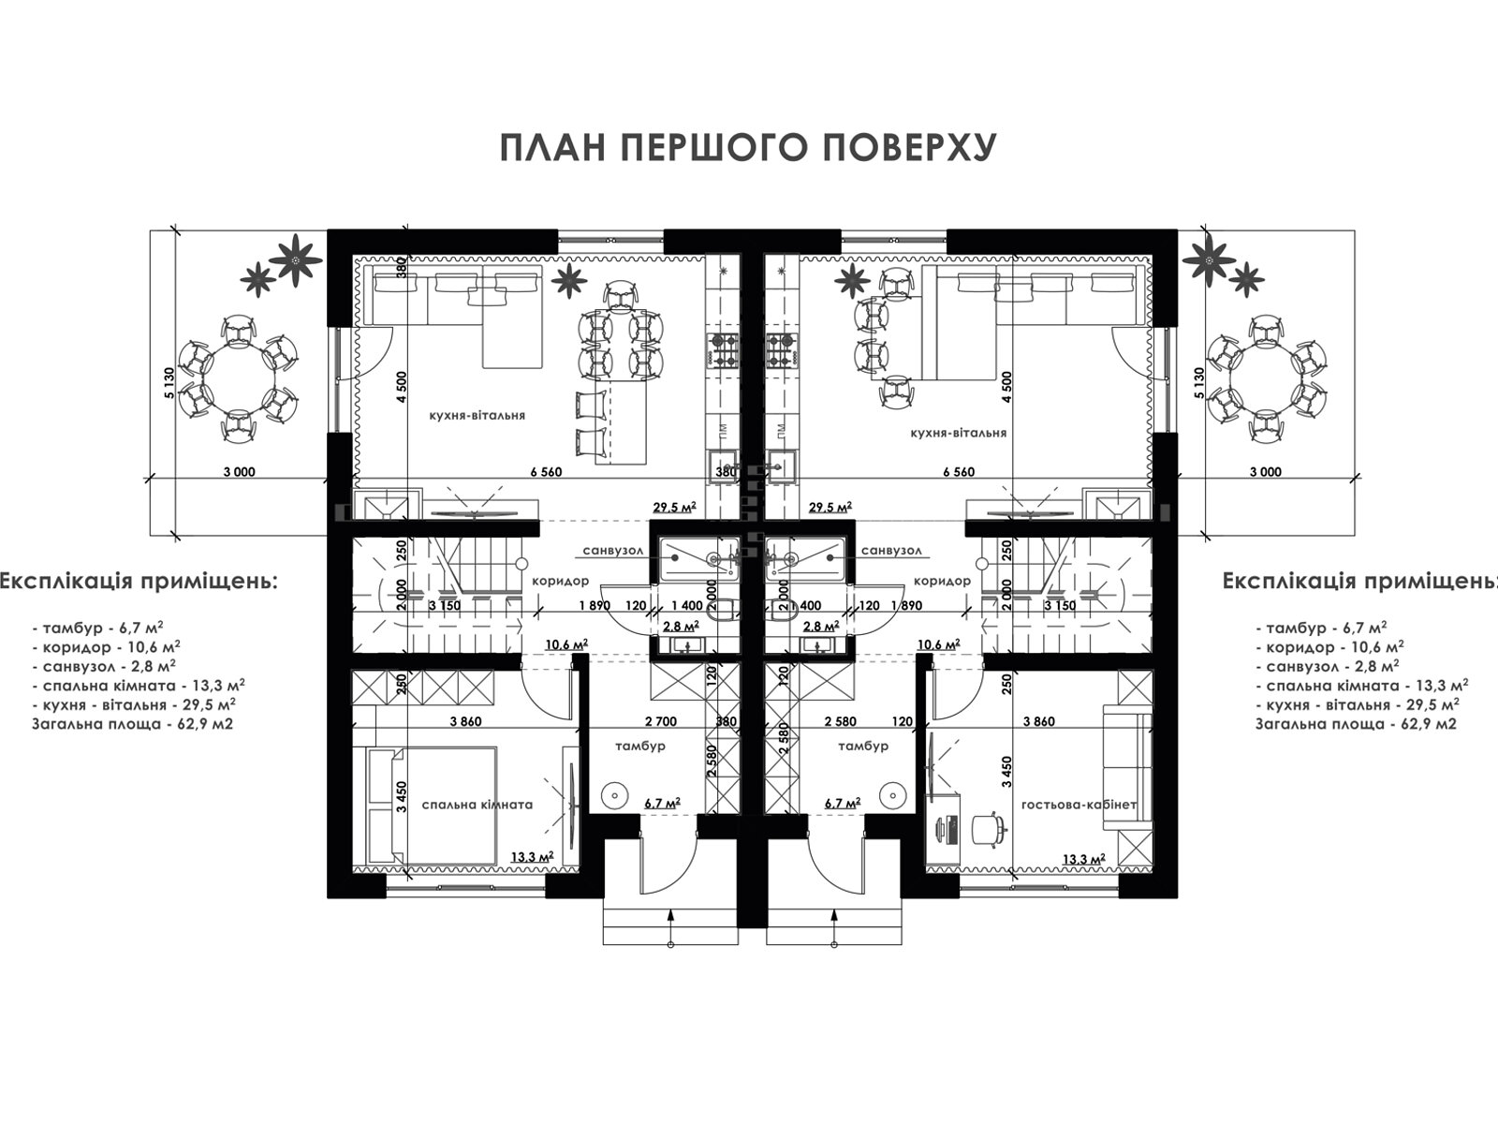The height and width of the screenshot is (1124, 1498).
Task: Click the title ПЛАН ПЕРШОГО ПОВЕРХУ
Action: (x=749, y=147)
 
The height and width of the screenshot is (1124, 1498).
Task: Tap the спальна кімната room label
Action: (x=477, y=805)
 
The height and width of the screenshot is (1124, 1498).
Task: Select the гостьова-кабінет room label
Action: (x=1079, y=805)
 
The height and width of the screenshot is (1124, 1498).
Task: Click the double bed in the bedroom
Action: (x=432, y=806)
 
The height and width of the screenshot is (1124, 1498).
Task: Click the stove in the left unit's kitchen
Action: (x=722, y=350)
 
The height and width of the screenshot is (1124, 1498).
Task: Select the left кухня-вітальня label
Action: (x=477, y=415)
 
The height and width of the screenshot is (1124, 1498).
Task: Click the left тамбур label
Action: (x=640, y=746)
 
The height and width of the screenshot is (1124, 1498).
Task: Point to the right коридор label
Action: (x=942, y=582)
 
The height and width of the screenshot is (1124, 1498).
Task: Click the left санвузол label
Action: (x=613, y=550)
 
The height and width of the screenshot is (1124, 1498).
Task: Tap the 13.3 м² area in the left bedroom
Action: (x=533, y=856)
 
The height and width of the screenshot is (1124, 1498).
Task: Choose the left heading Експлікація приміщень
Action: (x=139, y=582)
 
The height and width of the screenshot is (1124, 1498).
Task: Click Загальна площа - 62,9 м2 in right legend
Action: (x=1356, y=724)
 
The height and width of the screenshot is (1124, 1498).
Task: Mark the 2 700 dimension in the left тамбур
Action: (x=661, y=721)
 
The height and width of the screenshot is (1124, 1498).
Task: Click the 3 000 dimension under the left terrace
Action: (x=240, y=471)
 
